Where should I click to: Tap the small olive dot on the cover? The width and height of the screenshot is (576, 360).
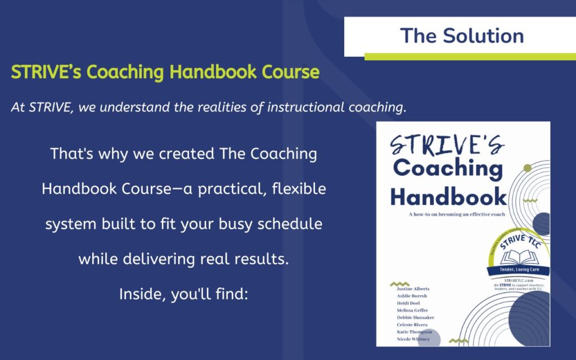(x=526, y=168)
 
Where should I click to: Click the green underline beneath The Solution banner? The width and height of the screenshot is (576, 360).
(x=470, y=56)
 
